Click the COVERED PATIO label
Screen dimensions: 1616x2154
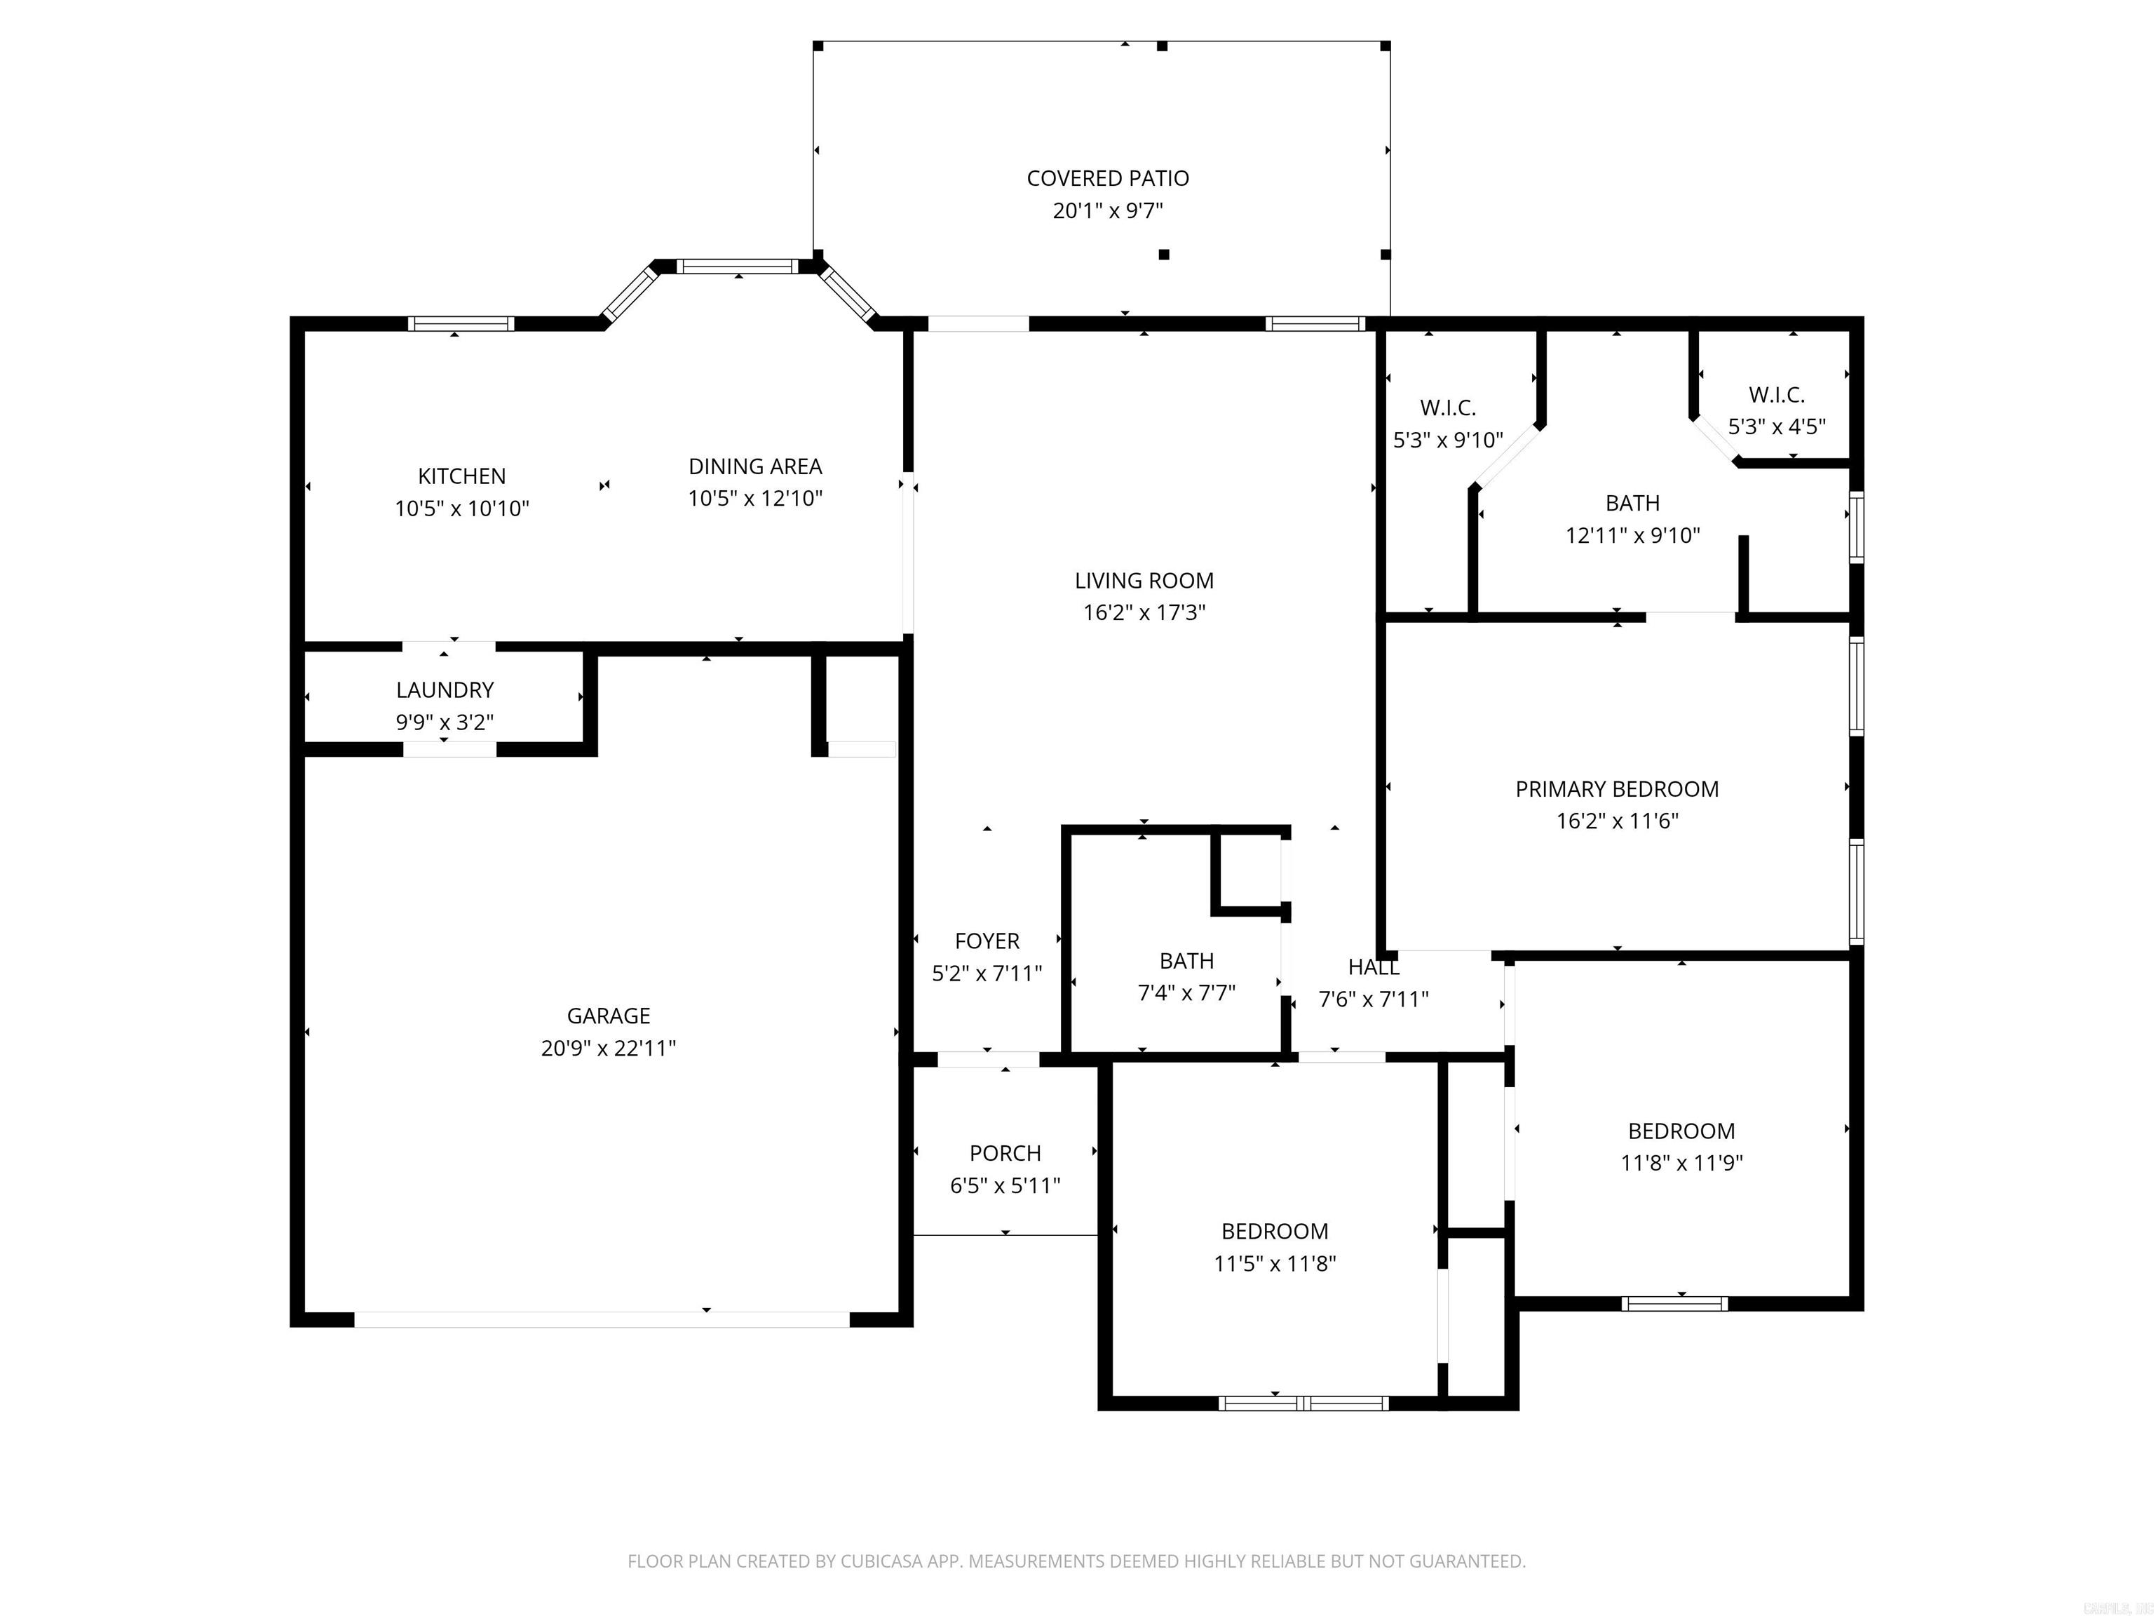point(1107,178)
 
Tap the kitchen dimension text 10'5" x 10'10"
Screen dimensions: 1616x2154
point(461,509)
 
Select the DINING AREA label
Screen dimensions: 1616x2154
point(754,466)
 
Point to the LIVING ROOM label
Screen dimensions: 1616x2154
point(1144,581)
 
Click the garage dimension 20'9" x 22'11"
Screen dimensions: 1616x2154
point(609,1048)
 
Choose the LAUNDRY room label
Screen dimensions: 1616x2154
point(445,689)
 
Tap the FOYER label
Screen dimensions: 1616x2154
point(987,941)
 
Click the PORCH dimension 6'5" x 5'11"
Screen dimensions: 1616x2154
point(1005,1185)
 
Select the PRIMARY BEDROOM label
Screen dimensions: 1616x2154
point(1616,789)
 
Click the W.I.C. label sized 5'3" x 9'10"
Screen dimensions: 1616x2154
point(1448,408)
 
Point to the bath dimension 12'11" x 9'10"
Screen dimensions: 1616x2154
point(1632,534)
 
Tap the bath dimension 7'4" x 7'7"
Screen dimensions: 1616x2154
point(1186,992)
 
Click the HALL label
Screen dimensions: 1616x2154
point(1373,967)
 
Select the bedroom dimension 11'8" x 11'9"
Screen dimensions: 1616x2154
point(1681,1162)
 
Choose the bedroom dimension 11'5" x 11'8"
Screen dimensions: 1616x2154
point(1274,1263)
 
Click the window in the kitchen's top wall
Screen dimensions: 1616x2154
point(461,323)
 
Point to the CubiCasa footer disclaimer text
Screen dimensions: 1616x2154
point(1076,1561)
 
